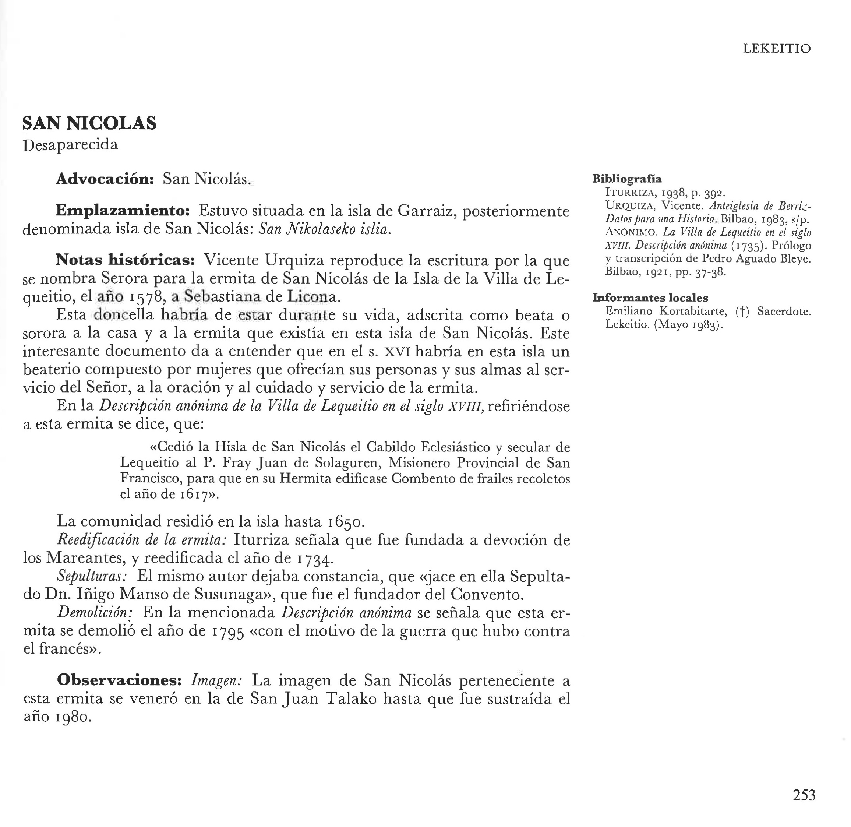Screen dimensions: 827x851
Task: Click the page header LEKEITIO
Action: pos(776,49)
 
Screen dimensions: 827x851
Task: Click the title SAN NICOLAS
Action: pos(89,123)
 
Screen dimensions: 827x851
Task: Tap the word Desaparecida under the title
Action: pos(70,145)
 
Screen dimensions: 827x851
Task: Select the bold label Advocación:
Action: pos(105,179)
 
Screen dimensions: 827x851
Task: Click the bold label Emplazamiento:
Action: pos(123,211)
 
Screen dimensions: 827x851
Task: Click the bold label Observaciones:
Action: pos(119,680)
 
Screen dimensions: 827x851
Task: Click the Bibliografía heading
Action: pos(627,179)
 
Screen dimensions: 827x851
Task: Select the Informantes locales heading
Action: pos(650,298)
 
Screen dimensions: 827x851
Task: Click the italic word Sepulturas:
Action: pos(92,576)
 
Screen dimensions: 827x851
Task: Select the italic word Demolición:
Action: pos(95,613)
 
